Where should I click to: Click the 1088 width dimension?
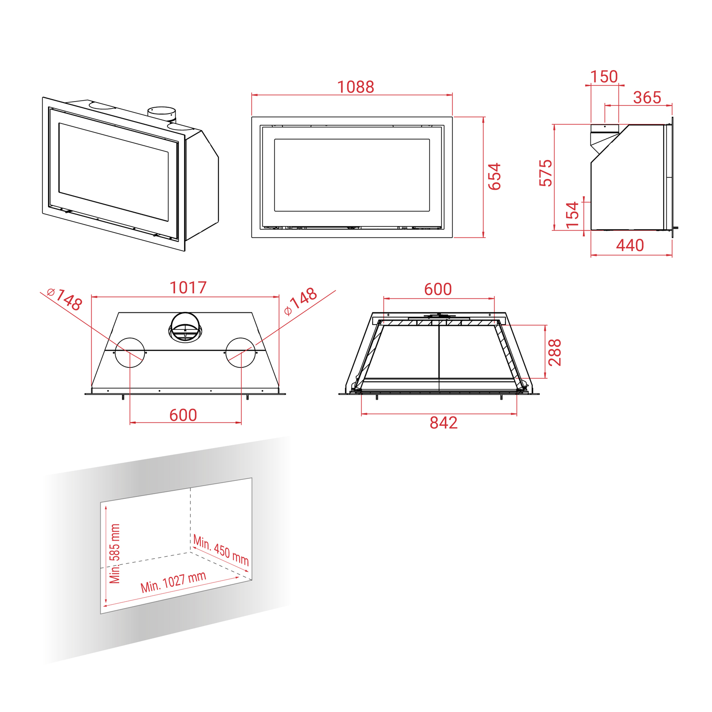click(x=356, y=87)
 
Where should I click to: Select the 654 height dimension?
click(x=495, y=177)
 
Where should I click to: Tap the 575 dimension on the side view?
click(x=546, y=173)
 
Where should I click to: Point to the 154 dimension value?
click(x=573, y=215)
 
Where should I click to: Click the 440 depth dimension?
click(x=630, y=245)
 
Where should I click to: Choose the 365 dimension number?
click(x=647, y=98)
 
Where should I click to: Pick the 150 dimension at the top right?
click(x=604, y=76)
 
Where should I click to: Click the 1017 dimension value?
click(x=188, y=288)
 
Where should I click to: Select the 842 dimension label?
click(x=443, y=423)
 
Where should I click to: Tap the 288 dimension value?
click(x=554, y=352)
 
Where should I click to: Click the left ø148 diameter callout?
click(x=65, y=299)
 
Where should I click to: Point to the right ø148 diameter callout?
click(x=300, y=301)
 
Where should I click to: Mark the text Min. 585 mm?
click(x=114, y=553)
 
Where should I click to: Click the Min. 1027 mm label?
click(x=173, y=582)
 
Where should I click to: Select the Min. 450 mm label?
click(x=221, y=550)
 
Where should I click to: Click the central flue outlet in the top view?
click(x=186, y=327)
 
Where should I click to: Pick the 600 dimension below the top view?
click(x=183, y=415)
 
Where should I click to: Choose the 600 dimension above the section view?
click(x=438, y=289)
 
